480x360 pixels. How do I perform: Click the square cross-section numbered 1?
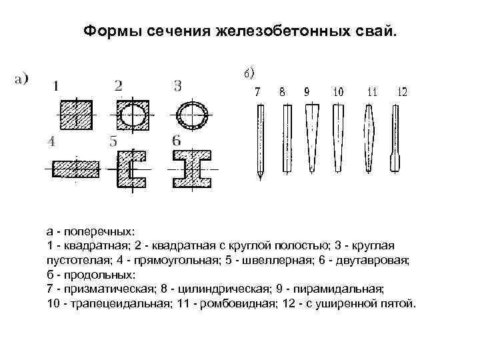tap(77, 115)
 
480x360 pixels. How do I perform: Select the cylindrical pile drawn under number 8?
tap(286, 139)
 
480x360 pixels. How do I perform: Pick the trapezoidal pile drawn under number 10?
tap(338, 137)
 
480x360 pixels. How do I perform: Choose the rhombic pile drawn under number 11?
tap(371, 137)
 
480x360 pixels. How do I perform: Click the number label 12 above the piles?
tap(401, 92)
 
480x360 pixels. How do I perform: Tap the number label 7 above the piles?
tap(259, 92)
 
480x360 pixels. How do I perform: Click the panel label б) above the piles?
tap(249, 72)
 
